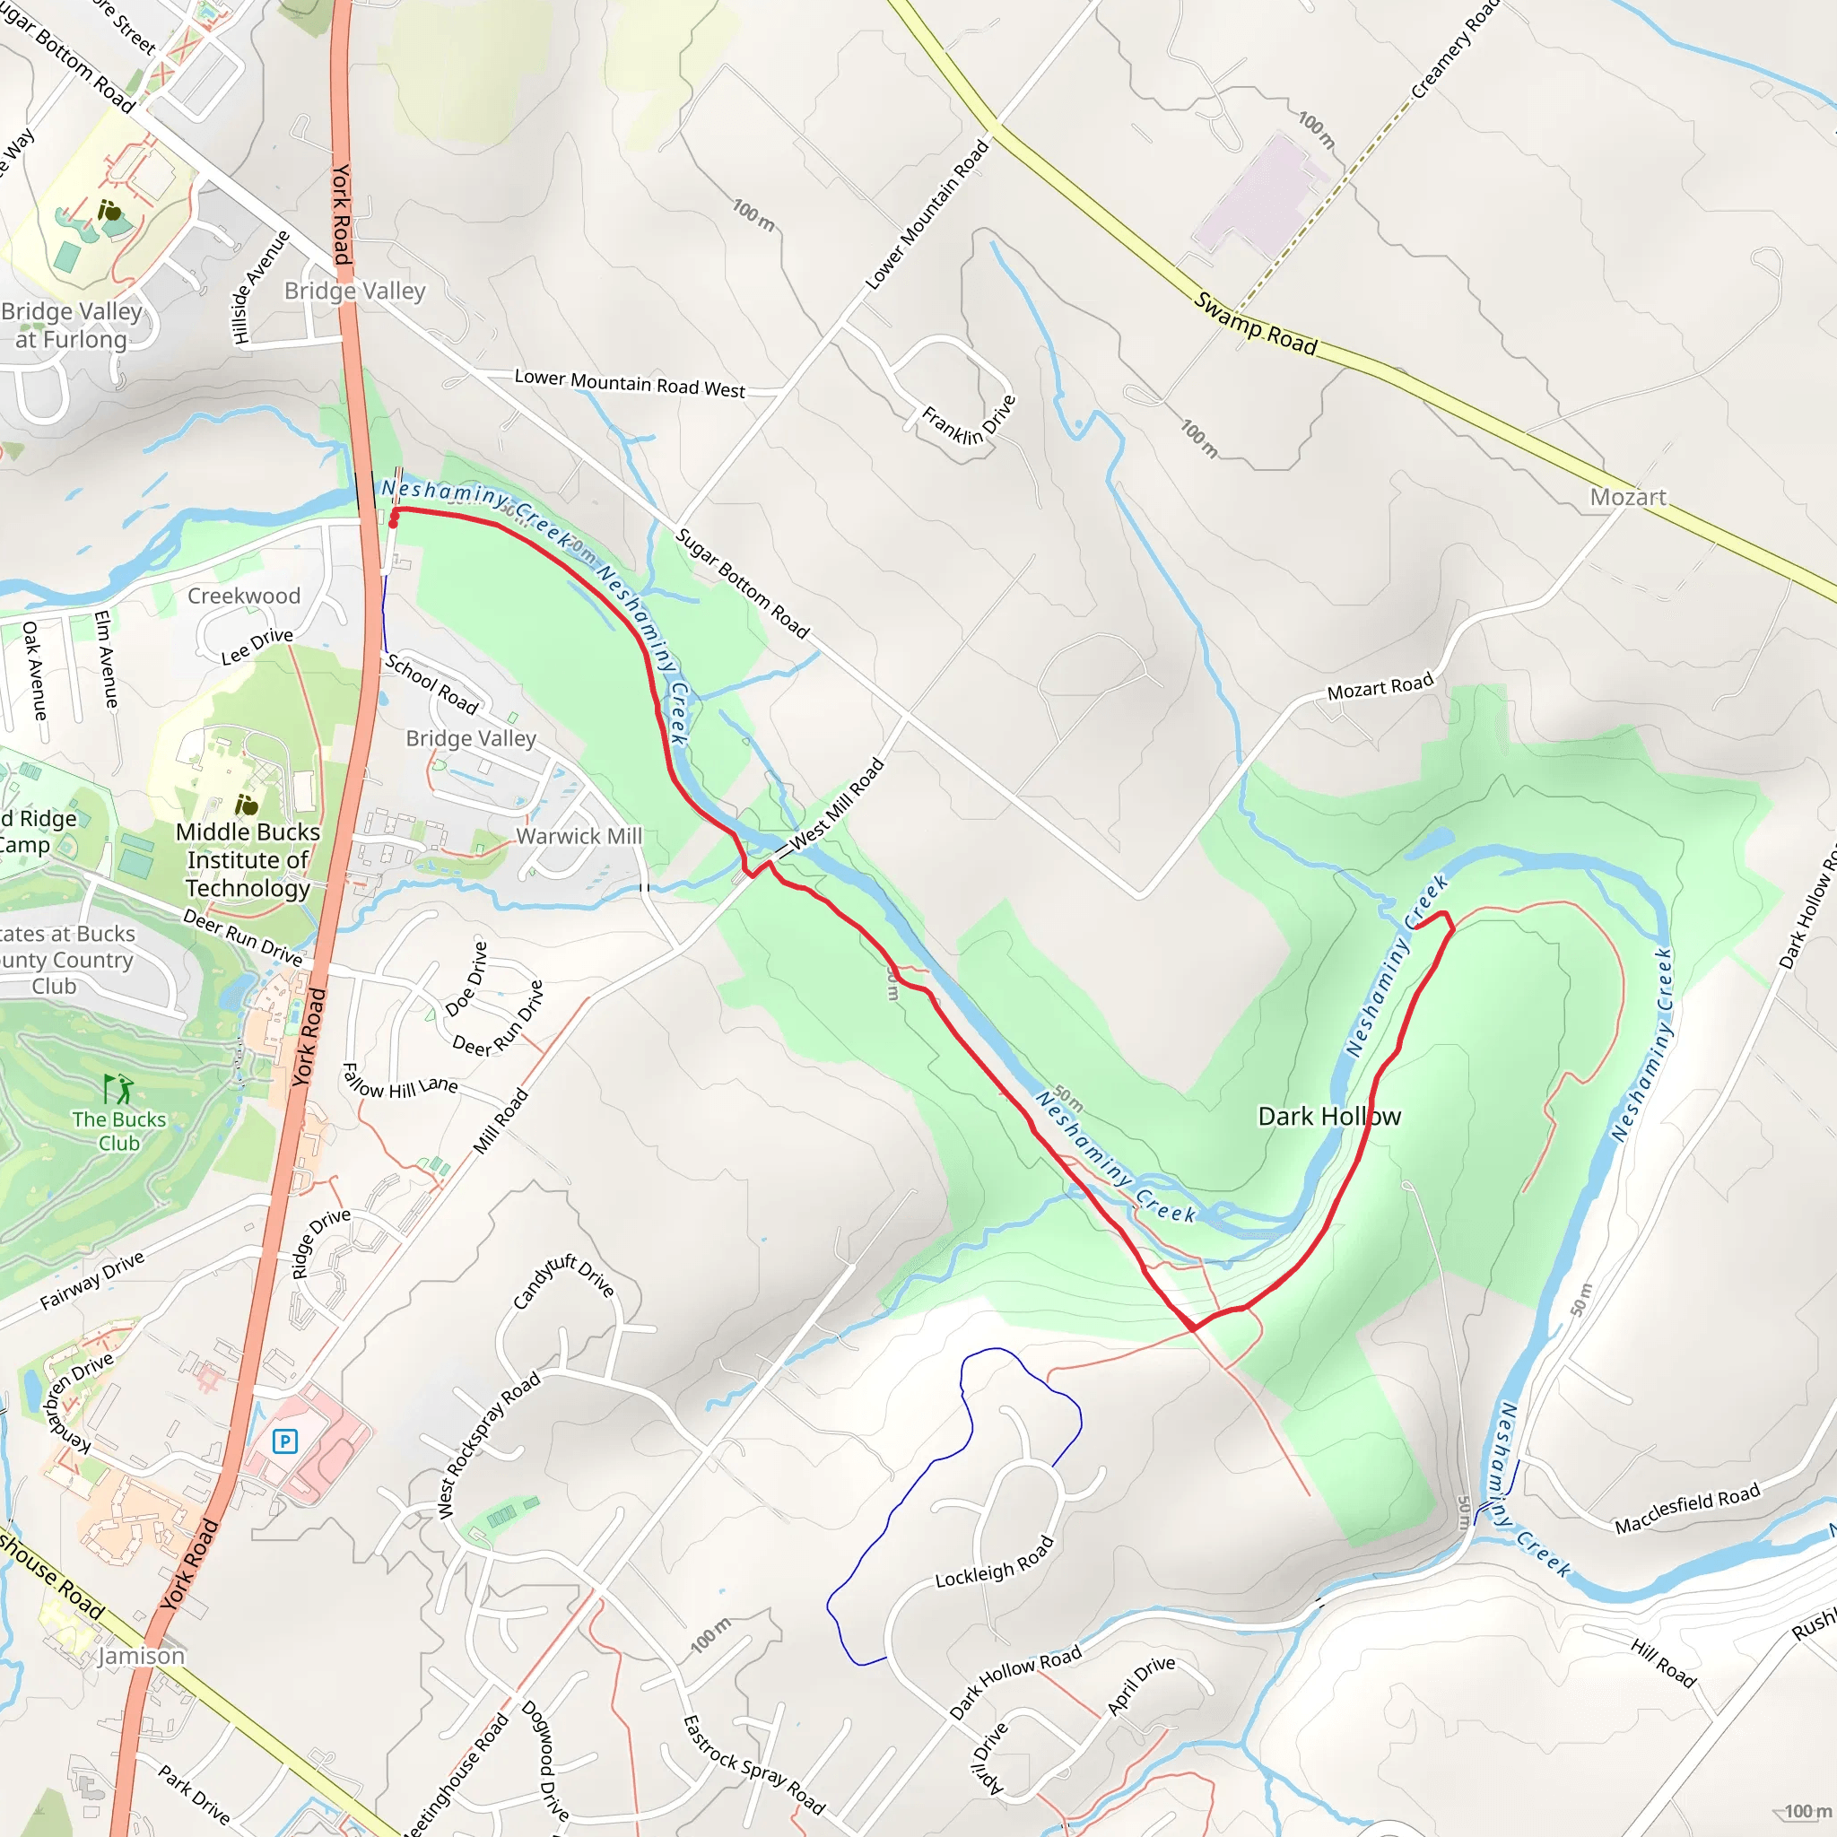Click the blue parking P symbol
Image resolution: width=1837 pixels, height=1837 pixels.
pos(284,1441)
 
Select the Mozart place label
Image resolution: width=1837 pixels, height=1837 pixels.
pos(1627,496)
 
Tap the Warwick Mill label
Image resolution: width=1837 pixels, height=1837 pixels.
pos(579,836)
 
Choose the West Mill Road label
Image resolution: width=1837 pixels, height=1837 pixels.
pos(837,804)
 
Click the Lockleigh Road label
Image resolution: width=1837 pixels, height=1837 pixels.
pos(995,1562)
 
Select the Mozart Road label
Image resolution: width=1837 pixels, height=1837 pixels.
pos(1380,686)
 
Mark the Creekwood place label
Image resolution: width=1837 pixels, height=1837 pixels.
pos(243,596)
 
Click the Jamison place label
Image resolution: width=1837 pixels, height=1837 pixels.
pos(141,1656)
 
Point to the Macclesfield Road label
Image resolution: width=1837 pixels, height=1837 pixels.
pos(1687,1509)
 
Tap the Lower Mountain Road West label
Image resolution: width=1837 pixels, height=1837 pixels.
pos(630,383)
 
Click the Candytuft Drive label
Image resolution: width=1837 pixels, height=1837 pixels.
pos(563,1281)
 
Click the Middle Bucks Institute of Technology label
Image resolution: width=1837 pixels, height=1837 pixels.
pos(248,859)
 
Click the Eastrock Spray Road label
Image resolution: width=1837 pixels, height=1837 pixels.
pos(754,1764)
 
